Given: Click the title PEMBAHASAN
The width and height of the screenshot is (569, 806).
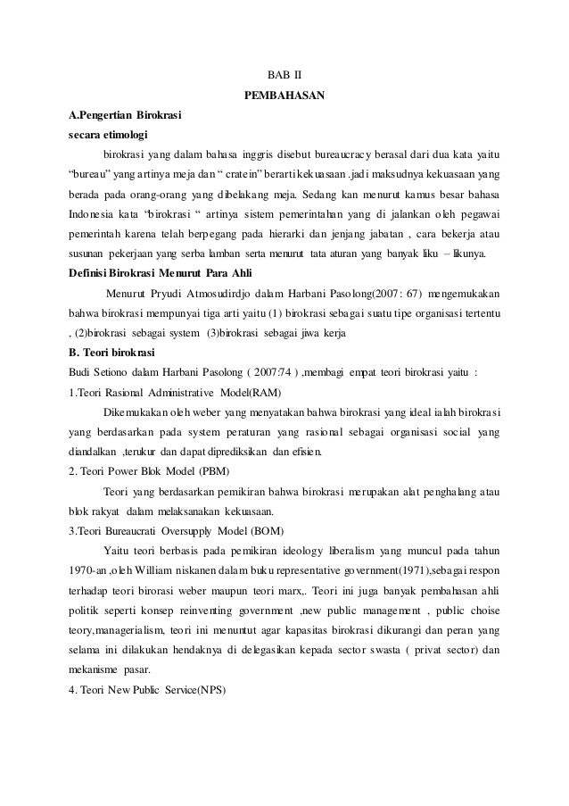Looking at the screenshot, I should point(284,95).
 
